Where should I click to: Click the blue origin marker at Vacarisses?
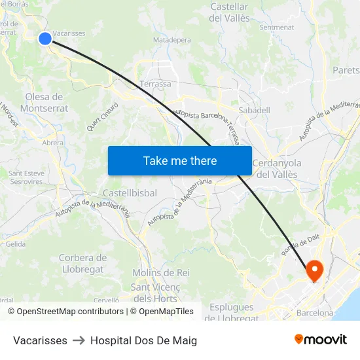point(45,39)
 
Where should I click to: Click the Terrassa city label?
point(155,84)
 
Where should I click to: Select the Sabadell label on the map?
point(255,111)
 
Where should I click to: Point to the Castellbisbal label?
point(130,194)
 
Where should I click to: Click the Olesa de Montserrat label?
point(45,103)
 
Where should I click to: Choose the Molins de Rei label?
point(161,273)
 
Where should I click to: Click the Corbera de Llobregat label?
point(82,264)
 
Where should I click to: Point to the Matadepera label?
point(171,40)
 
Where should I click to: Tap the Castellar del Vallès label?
point(229,12)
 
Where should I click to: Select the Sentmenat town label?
point(276,27)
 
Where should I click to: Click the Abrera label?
point(53,143)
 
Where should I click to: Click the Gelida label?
point(15,244)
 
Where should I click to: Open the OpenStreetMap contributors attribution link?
point(70,312)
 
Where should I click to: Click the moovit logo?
point(320,339)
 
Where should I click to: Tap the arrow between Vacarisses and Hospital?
point(79,340)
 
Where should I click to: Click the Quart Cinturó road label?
point(102,116)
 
